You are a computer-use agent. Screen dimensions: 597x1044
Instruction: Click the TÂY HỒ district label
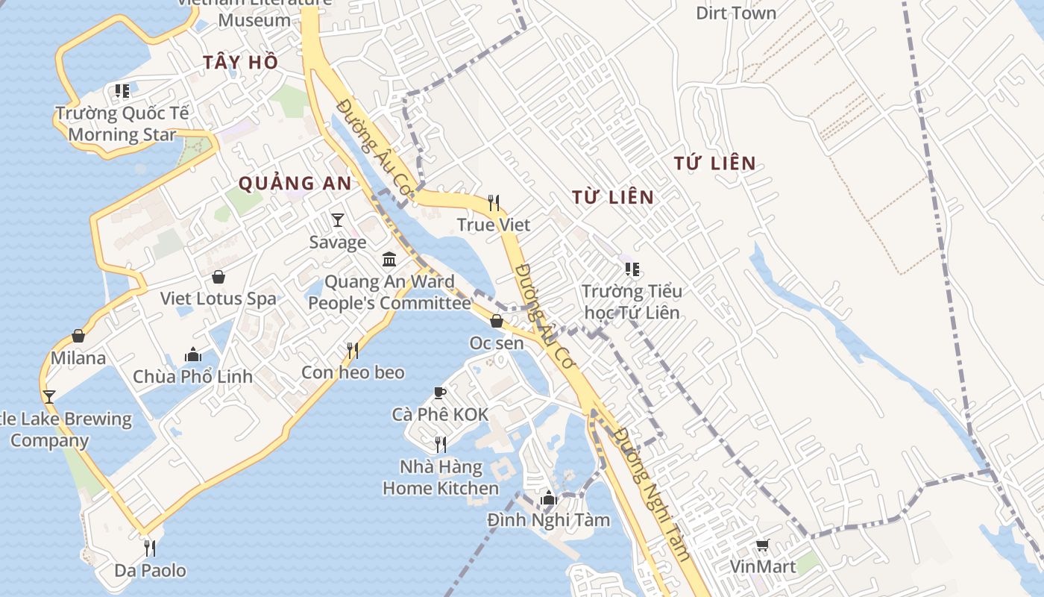coord(240,63)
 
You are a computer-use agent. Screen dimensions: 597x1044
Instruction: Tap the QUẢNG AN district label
coord(295,183)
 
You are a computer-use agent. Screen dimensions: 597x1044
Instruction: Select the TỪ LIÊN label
coord(613,198)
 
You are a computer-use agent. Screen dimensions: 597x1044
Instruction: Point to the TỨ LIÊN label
coord(714,163)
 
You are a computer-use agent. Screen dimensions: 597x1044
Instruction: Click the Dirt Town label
coord(735,13)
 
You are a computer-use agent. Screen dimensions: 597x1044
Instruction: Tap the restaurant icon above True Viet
coord(493,202)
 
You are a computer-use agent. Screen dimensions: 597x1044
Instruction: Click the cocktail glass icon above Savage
coord(338,219)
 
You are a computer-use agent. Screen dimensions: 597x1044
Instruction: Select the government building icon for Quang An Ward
coord(389,259)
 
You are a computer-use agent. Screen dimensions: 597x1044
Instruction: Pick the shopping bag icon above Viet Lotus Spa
coord(218,277)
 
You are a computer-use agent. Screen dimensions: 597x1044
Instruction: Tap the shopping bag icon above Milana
coord(78,336)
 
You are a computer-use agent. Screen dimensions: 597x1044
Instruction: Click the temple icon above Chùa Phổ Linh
coord(193,354)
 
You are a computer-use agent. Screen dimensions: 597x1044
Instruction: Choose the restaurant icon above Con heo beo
coord(353,350)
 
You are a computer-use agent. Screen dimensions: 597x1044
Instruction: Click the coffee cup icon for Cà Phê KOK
coord(440,393)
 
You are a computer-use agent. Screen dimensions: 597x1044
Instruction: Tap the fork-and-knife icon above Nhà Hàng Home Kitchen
coord(441,445)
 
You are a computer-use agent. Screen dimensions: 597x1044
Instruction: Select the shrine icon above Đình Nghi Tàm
coord(549,498)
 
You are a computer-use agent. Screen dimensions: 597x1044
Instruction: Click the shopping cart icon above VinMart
coord(762,545)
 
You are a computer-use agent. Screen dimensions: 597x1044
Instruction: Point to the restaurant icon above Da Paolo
coord(150,548)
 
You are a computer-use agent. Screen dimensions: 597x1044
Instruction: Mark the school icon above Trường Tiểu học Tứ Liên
coord(632,269)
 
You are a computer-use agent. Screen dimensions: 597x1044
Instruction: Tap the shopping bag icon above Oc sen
coord(497,321)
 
